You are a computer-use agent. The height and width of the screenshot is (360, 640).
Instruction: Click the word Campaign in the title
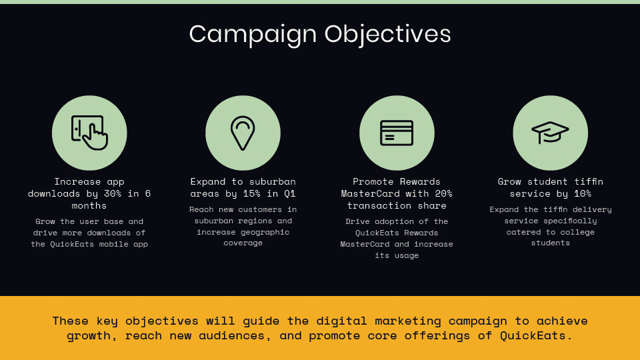253,35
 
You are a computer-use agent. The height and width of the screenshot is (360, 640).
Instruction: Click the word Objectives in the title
388,35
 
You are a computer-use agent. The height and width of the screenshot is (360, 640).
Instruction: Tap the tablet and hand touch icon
89,133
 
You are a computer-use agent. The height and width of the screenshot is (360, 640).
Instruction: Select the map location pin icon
243,133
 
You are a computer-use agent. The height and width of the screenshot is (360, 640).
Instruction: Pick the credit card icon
397,133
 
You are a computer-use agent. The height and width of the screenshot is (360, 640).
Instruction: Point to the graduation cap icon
550,133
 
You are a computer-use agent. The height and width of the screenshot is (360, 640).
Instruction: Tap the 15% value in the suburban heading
251,193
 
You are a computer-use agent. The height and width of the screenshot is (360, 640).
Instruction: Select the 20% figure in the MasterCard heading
443,193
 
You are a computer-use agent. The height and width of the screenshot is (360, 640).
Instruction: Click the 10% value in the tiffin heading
583,193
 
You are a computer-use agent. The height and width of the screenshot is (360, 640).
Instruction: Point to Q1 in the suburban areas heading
290,193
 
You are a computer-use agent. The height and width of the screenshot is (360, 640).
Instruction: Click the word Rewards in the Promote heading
420,181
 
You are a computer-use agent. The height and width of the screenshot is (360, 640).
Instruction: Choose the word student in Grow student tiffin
547,181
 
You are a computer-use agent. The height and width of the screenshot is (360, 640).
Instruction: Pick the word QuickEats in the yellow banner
533,336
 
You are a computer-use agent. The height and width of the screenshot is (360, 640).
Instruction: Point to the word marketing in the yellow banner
408,321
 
